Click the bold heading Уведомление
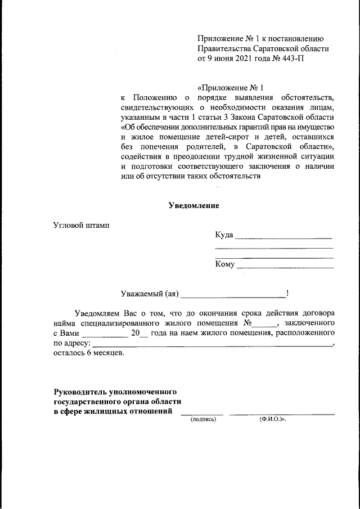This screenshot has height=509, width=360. click(194, 206)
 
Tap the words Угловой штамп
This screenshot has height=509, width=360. click(81, 226)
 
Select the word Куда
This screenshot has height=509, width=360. click(224, 235)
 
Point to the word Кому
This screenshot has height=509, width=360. click(224, 264)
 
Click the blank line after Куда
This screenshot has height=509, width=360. click(283, 237)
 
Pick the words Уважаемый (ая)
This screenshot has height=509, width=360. click(150, 293)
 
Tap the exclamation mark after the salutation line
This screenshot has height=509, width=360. click(287, 293)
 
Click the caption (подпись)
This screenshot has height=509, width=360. click(203, 420)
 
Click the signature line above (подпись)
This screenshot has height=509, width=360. click(202, 414)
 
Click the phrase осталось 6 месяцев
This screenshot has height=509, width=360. click(89, 353)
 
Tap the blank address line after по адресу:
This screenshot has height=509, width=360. click(212, 345)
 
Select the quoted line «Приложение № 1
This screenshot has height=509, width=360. click(231, 88)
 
